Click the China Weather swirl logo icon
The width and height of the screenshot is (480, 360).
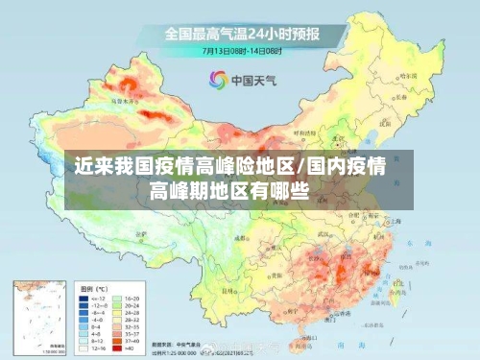pos(217,79)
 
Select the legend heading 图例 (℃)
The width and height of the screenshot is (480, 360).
pos(94,288)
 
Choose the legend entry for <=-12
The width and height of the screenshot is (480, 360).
pos(89,299)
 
